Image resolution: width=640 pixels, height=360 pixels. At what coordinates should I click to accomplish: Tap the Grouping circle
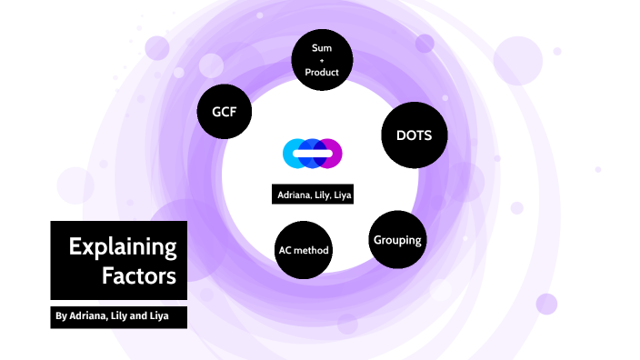pyautogui.click(x=396, y=240)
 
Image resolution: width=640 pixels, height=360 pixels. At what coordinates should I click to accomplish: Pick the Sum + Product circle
pyautogui.click(x=321, y=59)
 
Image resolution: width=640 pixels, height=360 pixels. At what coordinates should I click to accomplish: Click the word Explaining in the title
pyautogui.click(x=123, y=246)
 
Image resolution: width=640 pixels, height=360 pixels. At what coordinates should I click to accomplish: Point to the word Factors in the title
pyautogui.click(x=139, y=275)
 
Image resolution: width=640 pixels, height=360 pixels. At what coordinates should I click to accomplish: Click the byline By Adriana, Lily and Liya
pyautogui.click(x=118, y=316)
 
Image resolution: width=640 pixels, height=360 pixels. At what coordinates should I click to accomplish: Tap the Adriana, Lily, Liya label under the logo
pyautogui.click(x=312, y=195)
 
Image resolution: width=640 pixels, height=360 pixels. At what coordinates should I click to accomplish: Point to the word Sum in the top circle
pyautogui.click(x=321, y=46)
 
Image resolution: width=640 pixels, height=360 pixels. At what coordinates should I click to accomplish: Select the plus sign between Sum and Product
pyautogui.click(x=321, y=60)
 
